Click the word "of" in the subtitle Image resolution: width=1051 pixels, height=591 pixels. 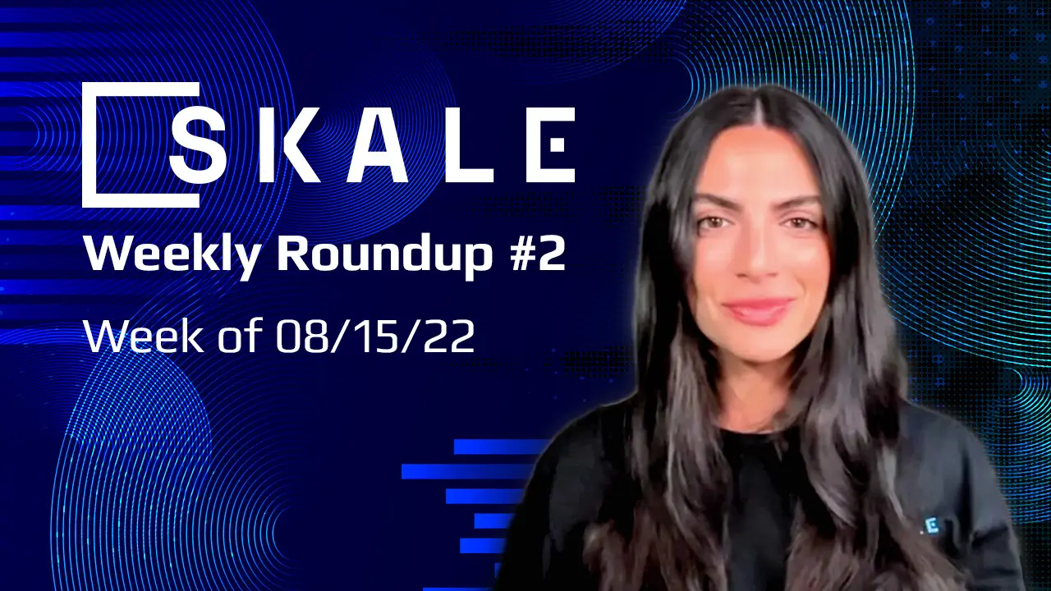(x=234, y=336)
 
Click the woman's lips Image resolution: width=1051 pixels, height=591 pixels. (x=758, y=310)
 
